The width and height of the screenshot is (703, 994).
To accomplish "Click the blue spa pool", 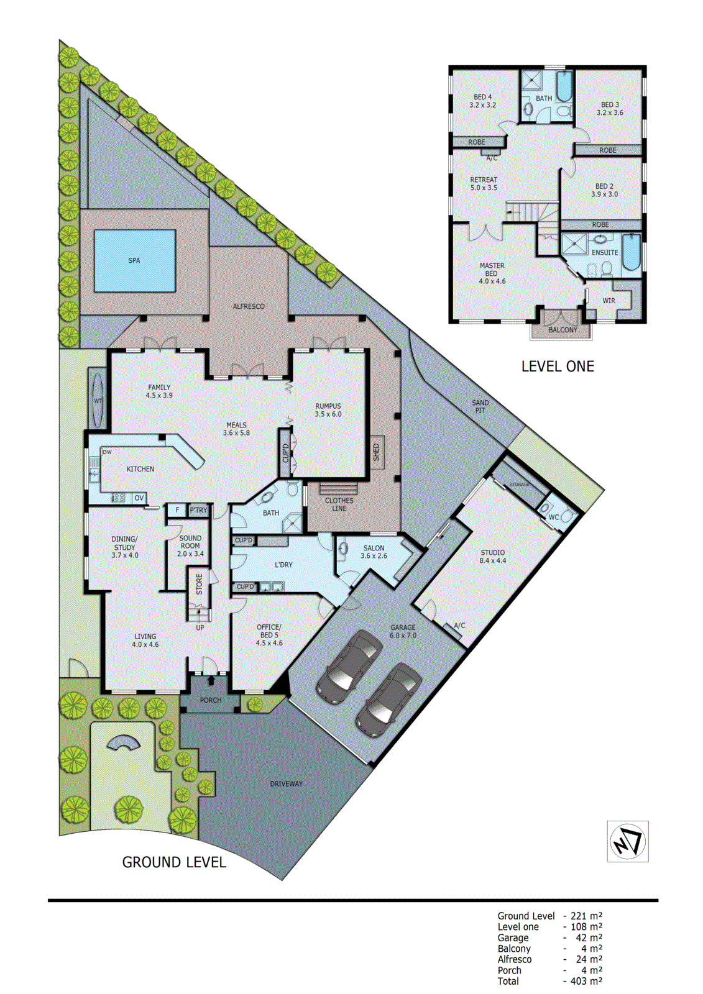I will (x=135, y=261).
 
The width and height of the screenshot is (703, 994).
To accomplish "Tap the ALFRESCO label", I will (x=249, y=306).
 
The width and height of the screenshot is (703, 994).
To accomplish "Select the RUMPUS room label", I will (x=328, y=410).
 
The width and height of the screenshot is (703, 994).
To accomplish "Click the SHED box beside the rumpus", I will (x=376, y=452).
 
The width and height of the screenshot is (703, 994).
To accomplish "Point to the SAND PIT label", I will (x=480, y=406).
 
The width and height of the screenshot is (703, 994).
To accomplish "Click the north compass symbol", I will (x=628, y=842).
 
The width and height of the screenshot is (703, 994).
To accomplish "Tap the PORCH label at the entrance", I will (x=211, y=700).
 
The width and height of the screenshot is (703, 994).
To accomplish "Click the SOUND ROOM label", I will (x=190, y=546).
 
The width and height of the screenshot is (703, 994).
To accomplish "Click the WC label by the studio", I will (x=553, y=517).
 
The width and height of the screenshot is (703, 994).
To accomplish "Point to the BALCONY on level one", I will (x=563, y=330).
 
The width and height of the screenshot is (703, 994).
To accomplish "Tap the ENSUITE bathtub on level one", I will (x=631, y=252).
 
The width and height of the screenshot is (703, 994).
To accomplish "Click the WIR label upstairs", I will (x=609, y=301).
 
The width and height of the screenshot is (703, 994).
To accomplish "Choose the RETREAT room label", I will (x=484, y=183).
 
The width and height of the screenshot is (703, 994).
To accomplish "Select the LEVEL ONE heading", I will (x=558, y=367).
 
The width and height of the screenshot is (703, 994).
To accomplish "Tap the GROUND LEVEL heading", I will (x=174, y=862).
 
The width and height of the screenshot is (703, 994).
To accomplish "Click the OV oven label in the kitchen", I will (x=139, y=498).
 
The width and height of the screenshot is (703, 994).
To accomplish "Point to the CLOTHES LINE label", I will (x=339, y=504).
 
